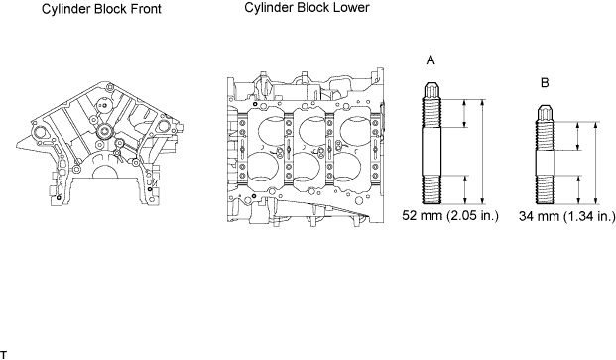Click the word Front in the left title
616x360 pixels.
145,9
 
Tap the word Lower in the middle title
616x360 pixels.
351,8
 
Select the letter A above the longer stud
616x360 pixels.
431,60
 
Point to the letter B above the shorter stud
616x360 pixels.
545,83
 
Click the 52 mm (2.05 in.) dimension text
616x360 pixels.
450,215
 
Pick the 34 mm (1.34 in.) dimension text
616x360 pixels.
566,216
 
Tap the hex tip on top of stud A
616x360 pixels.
431,90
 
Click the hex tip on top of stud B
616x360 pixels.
545,113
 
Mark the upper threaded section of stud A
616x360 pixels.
431,113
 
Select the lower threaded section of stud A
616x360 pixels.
431,189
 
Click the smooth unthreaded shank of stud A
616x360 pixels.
431,152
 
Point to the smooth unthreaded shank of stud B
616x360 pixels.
545,163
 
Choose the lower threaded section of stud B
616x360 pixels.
545,189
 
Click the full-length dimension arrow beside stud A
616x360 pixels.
483,152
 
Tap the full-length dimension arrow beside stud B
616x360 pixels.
596,163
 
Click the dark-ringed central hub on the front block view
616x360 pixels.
104,131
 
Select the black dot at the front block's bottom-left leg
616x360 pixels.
59,197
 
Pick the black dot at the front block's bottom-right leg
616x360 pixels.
150,189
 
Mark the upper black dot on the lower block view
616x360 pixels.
255,104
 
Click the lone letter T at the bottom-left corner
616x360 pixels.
4,355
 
